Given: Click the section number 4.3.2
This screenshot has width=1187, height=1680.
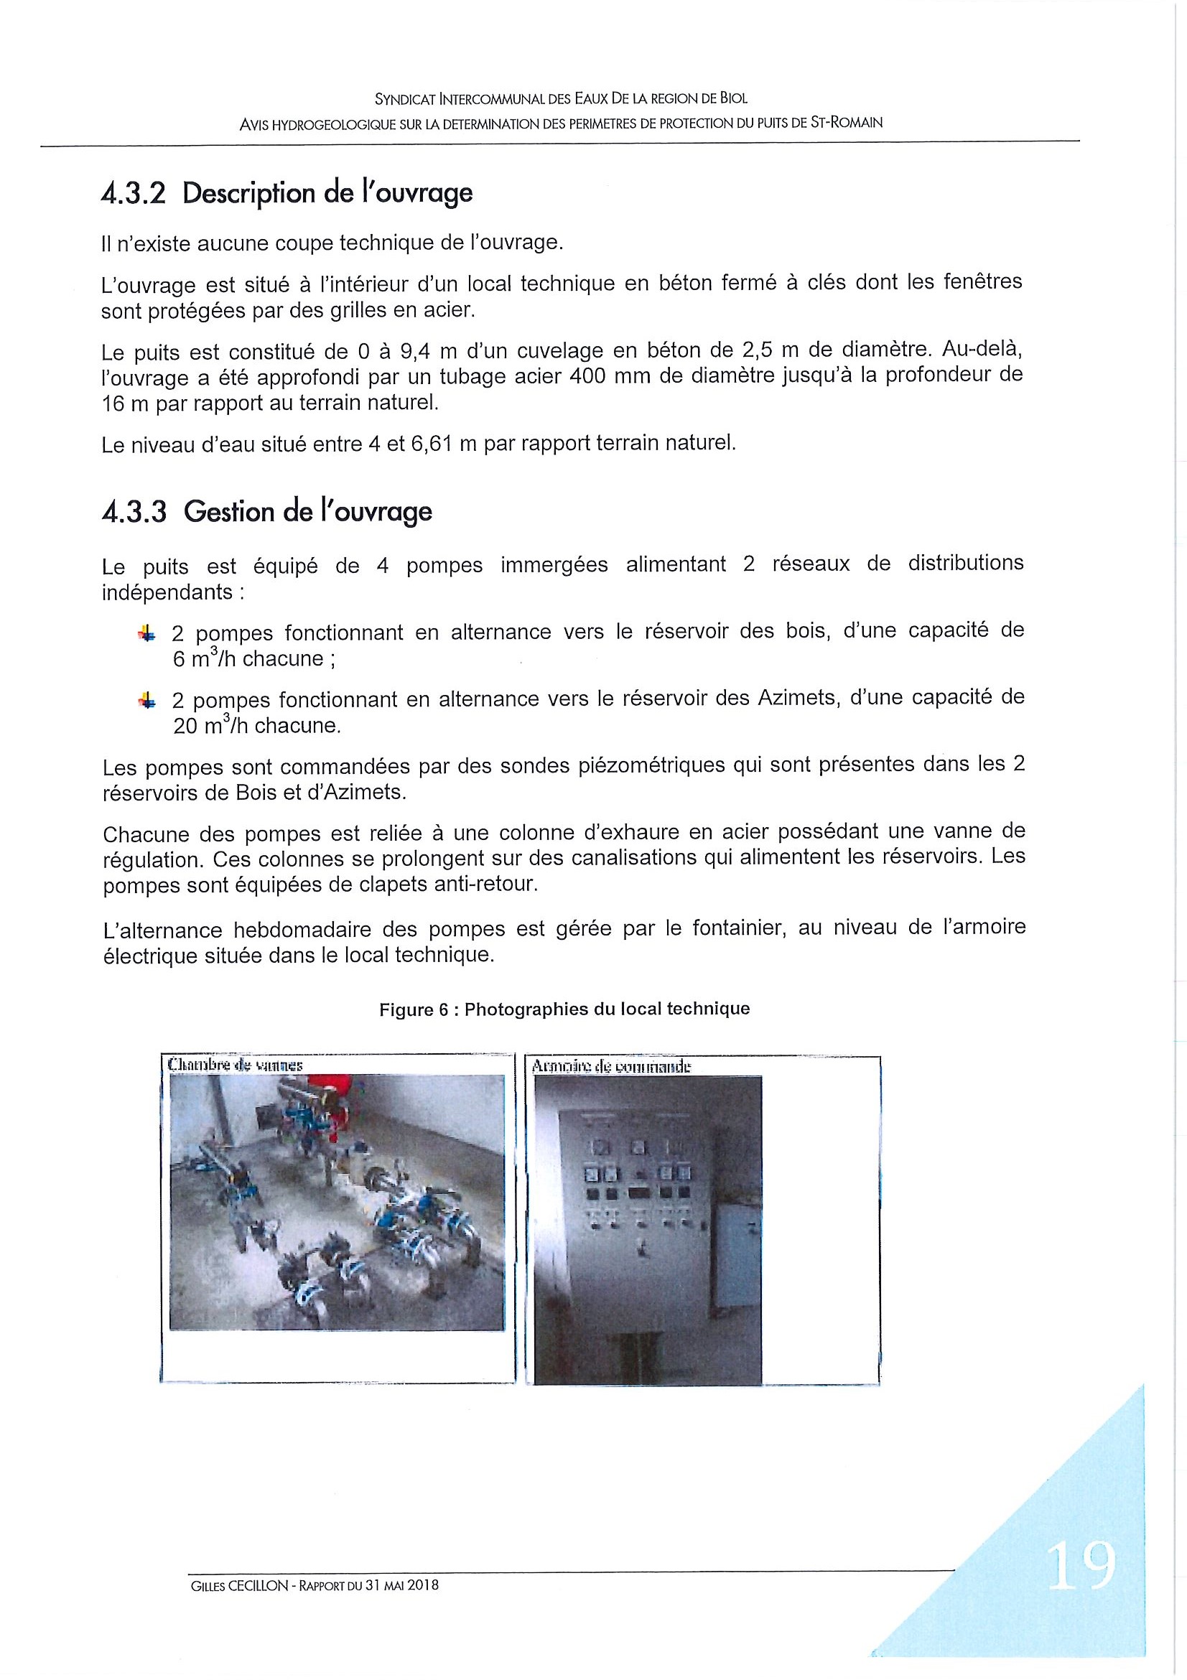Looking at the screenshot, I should pos(134,194).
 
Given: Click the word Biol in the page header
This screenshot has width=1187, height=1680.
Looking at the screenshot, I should pos(734,98).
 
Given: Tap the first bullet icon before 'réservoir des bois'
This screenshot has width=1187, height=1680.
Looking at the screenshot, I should pos(146,635).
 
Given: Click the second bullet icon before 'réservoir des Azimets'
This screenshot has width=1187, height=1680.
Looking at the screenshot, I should pos(146,701).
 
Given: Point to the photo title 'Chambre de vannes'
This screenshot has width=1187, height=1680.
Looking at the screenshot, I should pos(235,1065).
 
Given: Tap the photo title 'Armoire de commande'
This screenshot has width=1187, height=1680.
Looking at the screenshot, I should pos(611,1067).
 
